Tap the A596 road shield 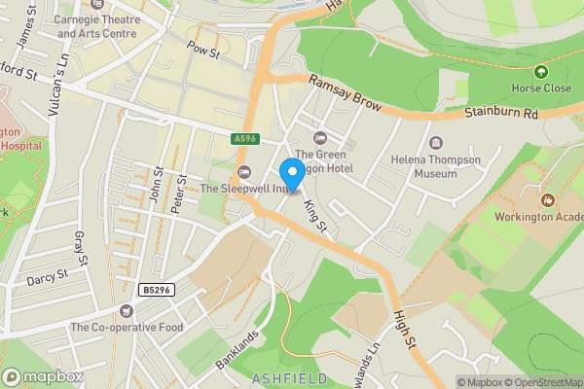tap(244, 139)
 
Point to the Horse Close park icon tap(541, 71)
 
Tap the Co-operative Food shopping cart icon tap(126, 310)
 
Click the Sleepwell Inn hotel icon tap(243, 172)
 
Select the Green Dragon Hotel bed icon tap(320, 137)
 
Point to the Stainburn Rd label tap(500, 113)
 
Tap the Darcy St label tap(47, 276)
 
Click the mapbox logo tap(43, 376)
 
